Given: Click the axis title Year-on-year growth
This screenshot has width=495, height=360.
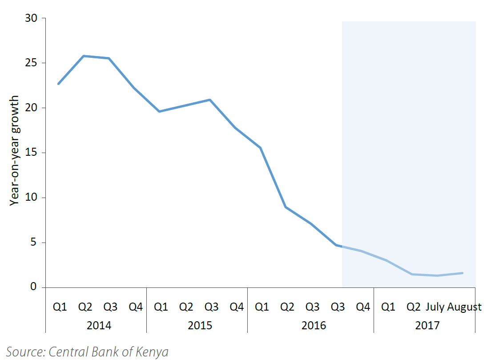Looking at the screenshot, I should point(15,150).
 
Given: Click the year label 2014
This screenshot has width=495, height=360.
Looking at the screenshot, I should point(99,325).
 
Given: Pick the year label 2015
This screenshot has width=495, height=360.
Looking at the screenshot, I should point(200,325).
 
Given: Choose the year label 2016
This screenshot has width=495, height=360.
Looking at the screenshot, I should point(314,325).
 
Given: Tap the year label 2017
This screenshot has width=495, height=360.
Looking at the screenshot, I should point(427,325).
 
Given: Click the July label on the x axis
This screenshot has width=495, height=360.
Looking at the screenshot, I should point(435,307).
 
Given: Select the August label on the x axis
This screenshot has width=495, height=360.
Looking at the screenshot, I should point(464,307).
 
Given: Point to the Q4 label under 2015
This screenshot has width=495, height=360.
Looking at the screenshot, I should point(237,307).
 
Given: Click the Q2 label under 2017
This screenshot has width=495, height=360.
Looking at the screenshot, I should point(414,307).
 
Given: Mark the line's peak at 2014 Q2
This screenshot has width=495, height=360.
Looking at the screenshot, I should point(85,56).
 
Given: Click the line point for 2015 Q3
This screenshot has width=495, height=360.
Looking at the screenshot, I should point(210,100).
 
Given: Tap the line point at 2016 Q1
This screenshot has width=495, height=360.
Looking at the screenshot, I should point(261,148).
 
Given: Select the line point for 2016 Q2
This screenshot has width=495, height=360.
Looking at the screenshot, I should point(286,207).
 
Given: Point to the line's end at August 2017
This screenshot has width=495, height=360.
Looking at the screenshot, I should point(463,273).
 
